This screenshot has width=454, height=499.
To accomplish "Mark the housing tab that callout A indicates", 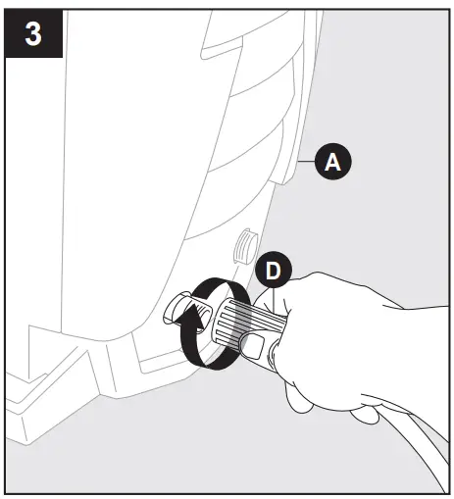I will [285, 167].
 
